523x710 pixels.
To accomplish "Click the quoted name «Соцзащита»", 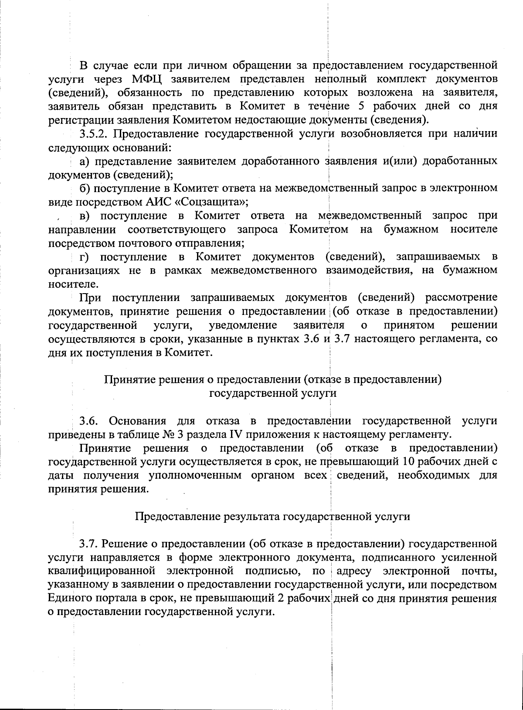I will (x=211, y=202).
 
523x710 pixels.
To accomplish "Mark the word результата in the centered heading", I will (x=251, y=517).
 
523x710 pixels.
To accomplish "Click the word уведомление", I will (x=243, y=325).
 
